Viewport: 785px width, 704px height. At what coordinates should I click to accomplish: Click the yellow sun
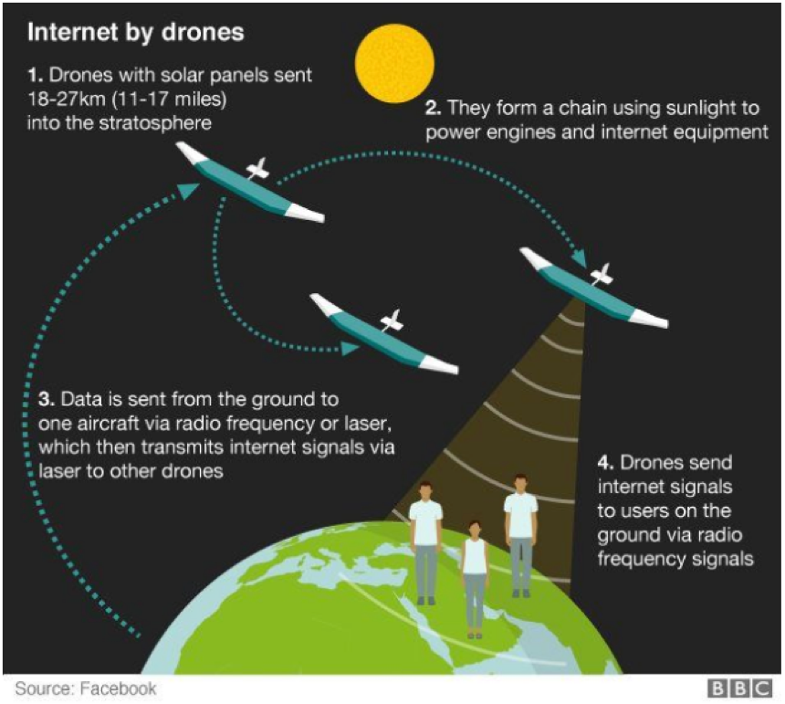[394, 63]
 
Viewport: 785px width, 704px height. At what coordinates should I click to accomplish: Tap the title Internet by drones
[136, 32]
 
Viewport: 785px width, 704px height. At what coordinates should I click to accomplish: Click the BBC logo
[740, 688]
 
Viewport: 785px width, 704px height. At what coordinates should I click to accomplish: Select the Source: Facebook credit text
[86, 688]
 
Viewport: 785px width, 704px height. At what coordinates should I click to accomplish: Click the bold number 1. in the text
[35, 75]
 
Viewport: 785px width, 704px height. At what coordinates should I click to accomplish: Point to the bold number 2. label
[433, 108]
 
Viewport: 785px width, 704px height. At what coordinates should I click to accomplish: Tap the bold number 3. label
[47, 400]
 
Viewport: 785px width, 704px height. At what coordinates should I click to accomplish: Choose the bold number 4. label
[606, 463]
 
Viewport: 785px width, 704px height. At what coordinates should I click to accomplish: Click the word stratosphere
[155, 123]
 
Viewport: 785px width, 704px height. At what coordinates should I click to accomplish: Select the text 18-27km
[67, 100]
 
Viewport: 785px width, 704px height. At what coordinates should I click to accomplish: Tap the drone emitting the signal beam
[593, 287]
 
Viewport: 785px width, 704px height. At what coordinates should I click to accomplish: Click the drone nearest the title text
[250, 182]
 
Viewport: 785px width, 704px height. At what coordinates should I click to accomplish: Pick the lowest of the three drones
[384, 333]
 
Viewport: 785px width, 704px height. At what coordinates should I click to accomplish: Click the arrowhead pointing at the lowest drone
[351, 348]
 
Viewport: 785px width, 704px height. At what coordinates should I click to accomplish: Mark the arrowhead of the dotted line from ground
[190, 190]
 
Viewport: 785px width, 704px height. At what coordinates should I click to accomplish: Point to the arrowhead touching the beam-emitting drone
[580, 259]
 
